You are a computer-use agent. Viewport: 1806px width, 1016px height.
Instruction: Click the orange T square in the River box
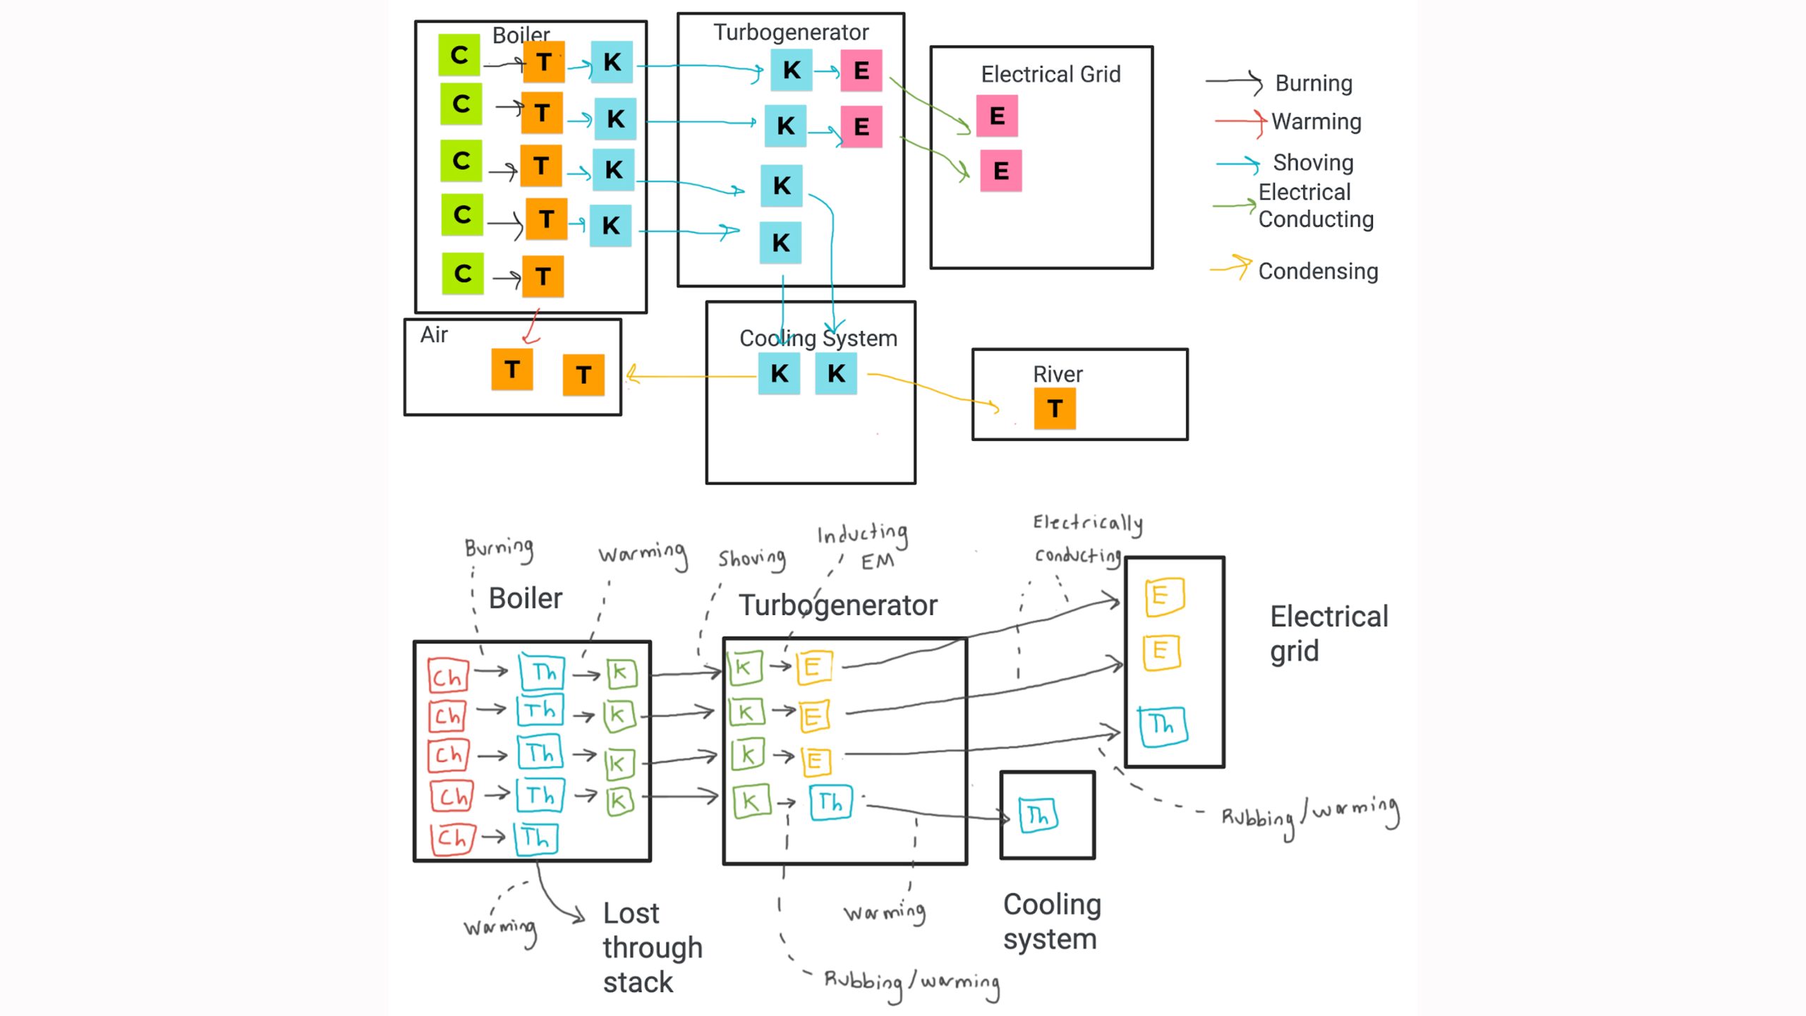(1055, 409)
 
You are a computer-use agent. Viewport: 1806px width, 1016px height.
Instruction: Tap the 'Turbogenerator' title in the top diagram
(790, 32)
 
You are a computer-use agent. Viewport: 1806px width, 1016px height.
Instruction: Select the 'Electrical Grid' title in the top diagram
(1050, 74)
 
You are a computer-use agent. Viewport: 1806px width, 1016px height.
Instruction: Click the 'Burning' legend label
(1314, 83)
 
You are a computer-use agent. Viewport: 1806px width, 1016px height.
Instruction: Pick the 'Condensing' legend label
(1318, 271)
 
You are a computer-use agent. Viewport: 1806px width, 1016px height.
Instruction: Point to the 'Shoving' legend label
(1313, 162)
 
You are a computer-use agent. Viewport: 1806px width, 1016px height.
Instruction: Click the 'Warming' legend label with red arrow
(1316, 121)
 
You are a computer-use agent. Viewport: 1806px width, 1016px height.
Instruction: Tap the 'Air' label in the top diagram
(434, 334)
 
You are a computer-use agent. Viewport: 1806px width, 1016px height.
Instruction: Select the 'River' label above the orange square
(1057, 374)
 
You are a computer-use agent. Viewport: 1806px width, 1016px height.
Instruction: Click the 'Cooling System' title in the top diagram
(818, 338)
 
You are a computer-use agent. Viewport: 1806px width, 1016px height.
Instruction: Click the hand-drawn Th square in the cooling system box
(1038, 816)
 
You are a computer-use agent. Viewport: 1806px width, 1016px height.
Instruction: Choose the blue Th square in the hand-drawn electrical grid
(1163, 725)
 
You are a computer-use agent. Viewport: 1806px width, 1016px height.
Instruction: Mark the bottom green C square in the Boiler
(463, 274)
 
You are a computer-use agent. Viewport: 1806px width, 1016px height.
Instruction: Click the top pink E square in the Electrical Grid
(997, 116)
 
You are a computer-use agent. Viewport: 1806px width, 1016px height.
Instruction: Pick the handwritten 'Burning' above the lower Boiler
(499, 548)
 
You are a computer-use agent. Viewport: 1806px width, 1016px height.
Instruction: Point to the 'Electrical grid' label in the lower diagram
(1328, 633)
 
